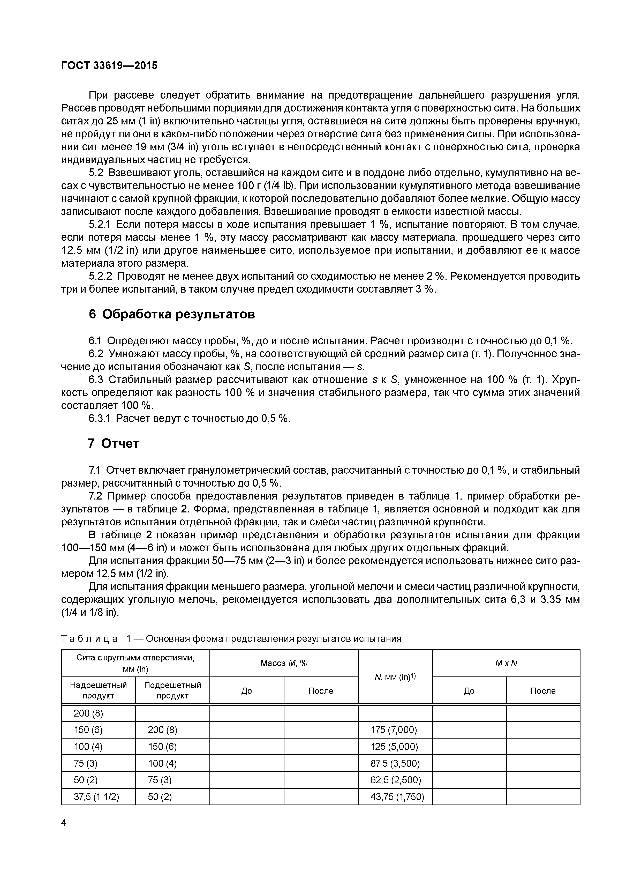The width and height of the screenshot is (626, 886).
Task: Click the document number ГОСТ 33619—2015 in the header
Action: tap(110, 66)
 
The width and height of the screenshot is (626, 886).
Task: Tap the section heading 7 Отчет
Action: tap(114, 443)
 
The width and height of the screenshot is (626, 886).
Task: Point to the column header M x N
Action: tap(506, 663)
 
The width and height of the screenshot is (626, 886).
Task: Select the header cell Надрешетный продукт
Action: tap(98, 690)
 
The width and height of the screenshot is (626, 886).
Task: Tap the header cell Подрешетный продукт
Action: tap(172, 690)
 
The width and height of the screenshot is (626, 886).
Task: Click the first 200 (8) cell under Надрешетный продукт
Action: tap(88, 713)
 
